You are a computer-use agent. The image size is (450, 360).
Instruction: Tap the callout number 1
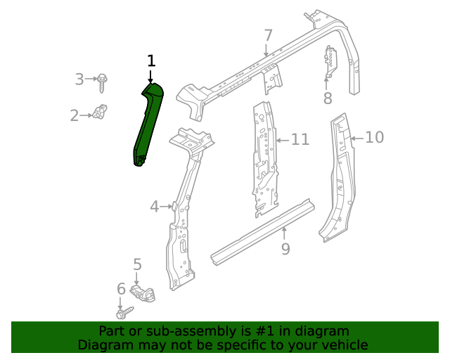click(150, 61)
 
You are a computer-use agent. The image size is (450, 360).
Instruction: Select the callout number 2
click(75, 115)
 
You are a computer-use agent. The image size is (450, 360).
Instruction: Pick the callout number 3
click(79, 79)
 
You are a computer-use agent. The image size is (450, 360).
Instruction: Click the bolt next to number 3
click(103, 82)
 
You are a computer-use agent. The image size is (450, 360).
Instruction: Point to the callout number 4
click(155, 207)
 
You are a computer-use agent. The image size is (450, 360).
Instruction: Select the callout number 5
click(137, 265)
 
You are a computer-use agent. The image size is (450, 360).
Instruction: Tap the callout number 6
click(121, 288)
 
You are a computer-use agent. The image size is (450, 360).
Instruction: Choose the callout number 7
click(268, 36)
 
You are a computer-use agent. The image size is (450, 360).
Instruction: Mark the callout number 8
click(328, 98)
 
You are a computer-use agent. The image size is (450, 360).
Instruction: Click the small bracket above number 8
click(329, 63)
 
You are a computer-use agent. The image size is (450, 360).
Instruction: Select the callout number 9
click(285, 249)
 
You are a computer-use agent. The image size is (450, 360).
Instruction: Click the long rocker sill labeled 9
click(264, 231)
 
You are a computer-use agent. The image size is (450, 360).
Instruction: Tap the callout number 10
click(375, 137)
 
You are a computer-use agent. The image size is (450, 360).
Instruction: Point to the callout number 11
click(300, 140)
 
